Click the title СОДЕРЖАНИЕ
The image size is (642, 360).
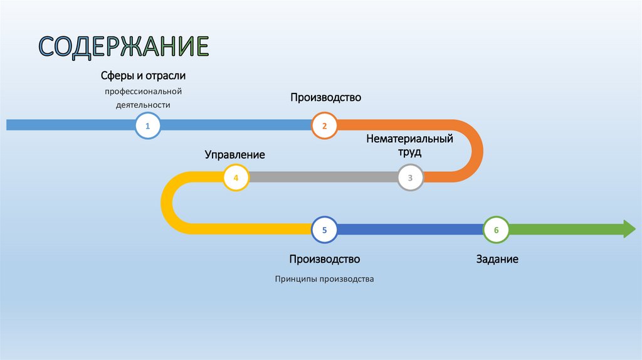pyautogui.click(x=124, y=48)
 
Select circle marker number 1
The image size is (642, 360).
pyautogui.click(x=148, y=125)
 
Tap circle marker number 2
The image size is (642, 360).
pyautogui.click(x=324, y=125)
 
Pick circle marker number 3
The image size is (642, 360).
pyautogui.click(x=411, y=177)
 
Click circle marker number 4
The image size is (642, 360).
pyautogui.click(x=236, y=177)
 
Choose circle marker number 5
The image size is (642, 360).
pyautogui.click(x=324, y=230)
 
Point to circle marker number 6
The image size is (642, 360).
pyautogui.click(x=496, y=230)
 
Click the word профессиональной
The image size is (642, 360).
pyautogui.click(x=147, y=92)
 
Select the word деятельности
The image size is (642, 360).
pyautogui.click(x=143, y=105)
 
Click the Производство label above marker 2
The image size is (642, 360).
pyautogui.click(x=325, y=98)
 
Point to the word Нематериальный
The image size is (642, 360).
pyautogui.click(x=409, y=139)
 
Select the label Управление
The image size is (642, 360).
pyautogui.click(x=234, y=154)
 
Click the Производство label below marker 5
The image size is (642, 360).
pyautogui.click(x=325, y=258)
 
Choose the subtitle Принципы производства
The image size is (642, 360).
pyautogui.click(x=324, y=278)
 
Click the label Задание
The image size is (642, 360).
pyautogui.click(x=497, y=258)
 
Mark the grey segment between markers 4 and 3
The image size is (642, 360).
pyautogui.click(x=323, y=177)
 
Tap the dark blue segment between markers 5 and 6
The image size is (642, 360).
pyautogui.click(x=410, y=230)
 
